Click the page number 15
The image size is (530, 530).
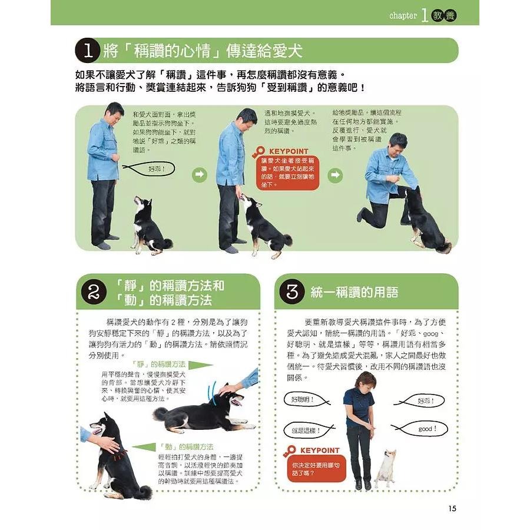pyautogui.click(x=452, y=509)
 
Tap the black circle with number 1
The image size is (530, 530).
pyautogui.click(x=87, y=51)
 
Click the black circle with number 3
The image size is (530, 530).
pyautogui.click(x=291, y=292)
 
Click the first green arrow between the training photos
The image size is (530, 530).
pyautogui.click(x=200, y=174)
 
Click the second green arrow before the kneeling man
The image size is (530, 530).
pyautogui.click(x=335, y=174)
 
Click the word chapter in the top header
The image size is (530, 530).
pyautogui.click(x=403, y=16)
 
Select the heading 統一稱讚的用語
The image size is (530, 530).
pyautogui.click(x=355, y=292)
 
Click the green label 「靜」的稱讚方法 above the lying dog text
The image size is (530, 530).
pyautogui.click(x=158, y=365)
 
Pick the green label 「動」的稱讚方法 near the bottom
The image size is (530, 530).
pyautogui.click(x=187, y=447)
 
